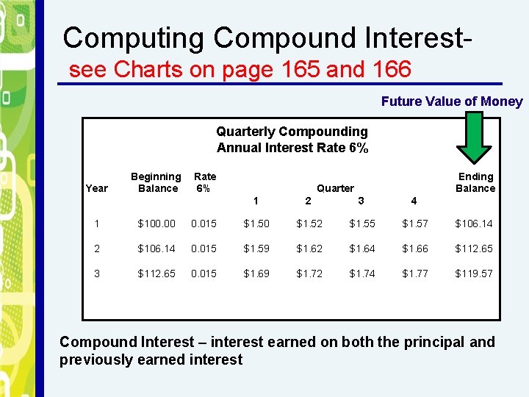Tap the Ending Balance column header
click(475, 182)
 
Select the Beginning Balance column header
click(156, 182)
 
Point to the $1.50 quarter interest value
click(256, 223)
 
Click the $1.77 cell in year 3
click(414, 273)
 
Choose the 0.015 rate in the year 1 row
click(204, 223)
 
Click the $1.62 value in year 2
click(309, 248)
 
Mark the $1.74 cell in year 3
click(361, 273)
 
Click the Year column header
click(96, 188)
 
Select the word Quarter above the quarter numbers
click(335, 188)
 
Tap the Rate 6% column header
click(204, 182)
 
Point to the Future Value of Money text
click(452, 102)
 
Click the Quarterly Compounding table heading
click(292, 132)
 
